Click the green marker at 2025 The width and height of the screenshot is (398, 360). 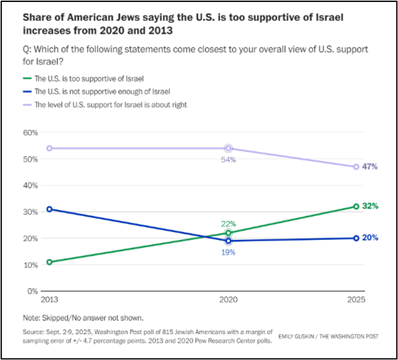pos(356,206)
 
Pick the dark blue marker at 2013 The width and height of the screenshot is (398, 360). pos(49,209)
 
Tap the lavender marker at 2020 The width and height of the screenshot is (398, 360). pos(228,148)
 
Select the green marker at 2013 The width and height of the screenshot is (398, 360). pos(49,262)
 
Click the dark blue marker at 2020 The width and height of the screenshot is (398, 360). pos(228,241)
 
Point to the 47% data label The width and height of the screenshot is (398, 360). pos(371,167)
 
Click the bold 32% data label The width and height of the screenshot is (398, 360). pos(371,206)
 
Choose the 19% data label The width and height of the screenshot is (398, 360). pos(228,252)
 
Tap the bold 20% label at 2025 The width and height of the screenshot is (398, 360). pos(371,238)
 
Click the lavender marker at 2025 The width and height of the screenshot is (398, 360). pos(356,167)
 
